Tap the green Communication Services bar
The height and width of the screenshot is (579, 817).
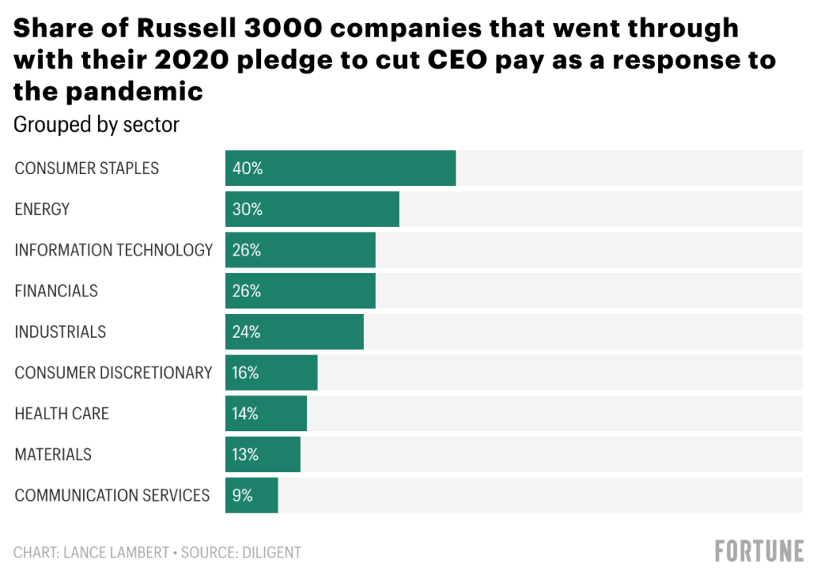[263, 495]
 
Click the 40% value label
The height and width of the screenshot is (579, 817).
[247, 169]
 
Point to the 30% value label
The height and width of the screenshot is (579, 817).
[247, 209]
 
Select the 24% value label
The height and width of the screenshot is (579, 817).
[247, 331]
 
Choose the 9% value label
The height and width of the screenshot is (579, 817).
[243, 495]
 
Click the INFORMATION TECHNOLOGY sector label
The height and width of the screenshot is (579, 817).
[114, 250]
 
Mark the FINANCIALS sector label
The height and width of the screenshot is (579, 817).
[57, 291]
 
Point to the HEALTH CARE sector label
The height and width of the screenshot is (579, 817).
[62, 414]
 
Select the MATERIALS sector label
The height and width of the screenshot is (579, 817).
[53, 454]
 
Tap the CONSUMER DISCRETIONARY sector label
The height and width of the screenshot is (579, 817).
[113, 373]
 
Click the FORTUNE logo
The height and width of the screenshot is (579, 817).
[759, 551]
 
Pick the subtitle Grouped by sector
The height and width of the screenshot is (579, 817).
[97, 125]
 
